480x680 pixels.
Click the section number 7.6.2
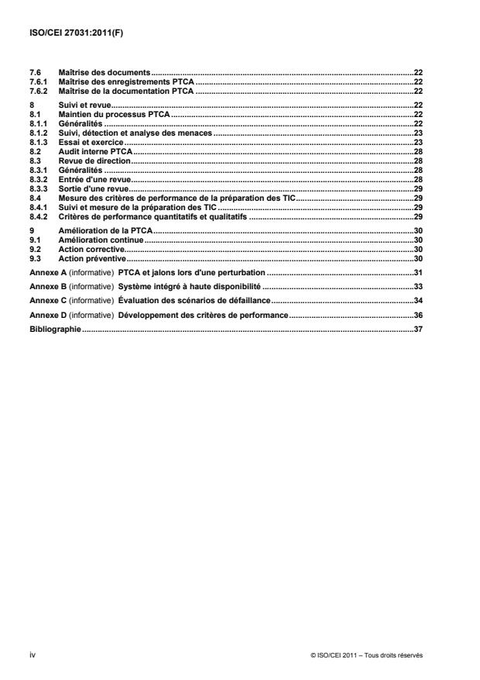coord(38,91)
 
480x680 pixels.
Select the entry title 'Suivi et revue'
coord(85,105)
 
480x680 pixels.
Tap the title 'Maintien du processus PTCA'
coord(114,114)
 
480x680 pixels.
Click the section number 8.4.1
coord(38,208)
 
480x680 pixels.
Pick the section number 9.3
coord(34,258)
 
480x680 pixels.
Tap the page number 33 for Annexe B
coord(417,287)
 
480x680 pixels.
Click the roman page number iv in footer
coord(32,655)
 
